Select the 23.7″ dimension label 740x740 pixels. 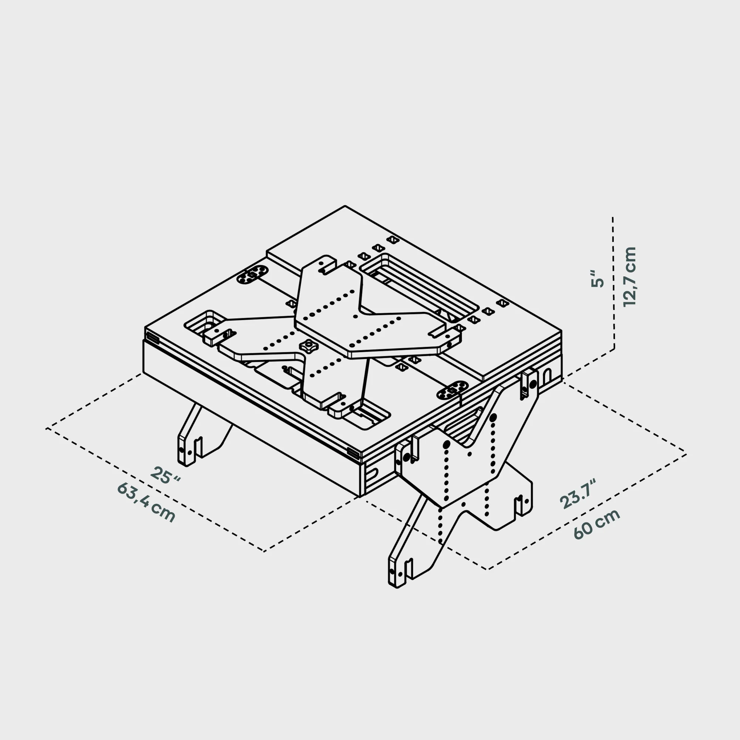[578, 494]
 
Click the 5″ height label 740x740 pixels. [597, 279]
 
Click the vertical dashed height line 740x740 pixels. [613, 283]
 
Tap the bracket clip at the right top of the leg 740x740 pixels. [529, 383]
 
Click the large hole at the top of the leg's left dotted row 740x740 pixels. [447, 444]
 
